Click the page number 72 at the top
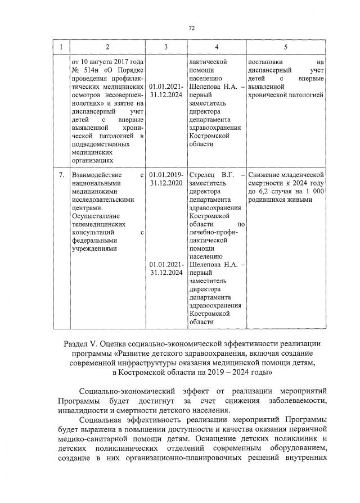click(191, 27)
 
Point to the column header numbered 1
click(61, 47)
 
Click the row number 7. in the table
click(61, 175)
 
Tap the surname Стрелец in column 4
click(203, 175)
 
